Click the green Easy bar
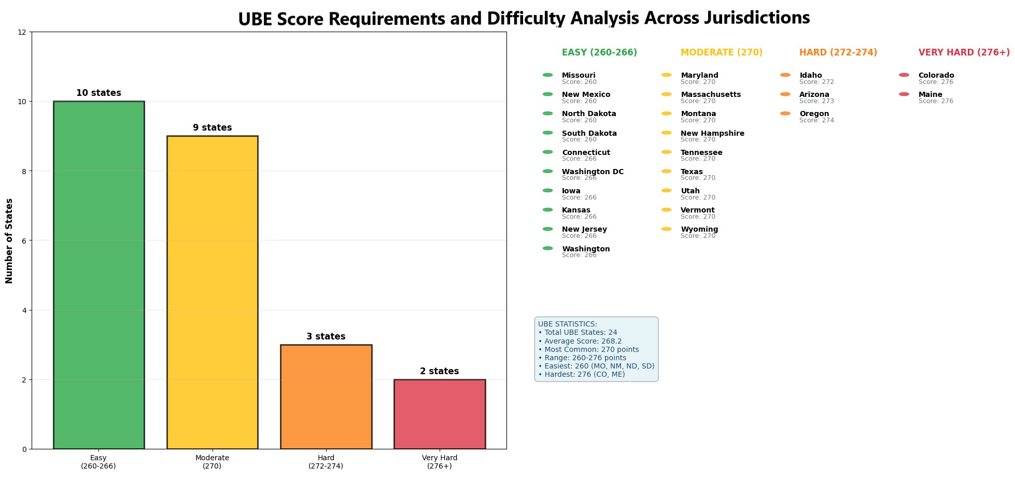pos(98,275)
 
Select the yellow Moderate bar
pos(212,293)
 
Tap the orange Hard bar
pos(326,396)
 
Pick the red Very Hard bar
pos(439,414)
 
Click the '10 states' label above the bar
pos(98,93)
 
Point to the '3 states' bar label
pos(326,337)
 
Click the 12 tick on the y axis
pos(22,32)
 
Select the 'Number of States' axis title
pos(9,240)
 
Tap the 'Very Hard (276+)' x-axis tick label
pos(439,462)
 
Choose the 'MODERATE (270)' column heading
pos(721,53)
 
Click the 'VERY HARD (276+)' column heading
pos(964,53)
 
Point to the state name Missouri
pos(579,75)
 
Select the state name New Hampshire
pos(712,133)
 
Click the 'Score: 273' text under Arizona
pos(816,101)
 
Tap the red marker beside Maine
pos(904,94)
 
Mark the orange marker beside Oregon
pos(785,114)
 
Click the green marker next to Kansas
pos(547,210)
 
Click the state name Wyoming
pos(699,229)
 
